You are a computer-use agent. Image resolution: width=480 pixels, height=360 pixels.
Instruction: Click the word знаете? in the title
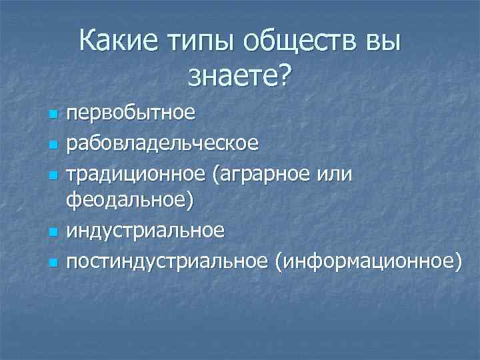click(239, 77)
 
